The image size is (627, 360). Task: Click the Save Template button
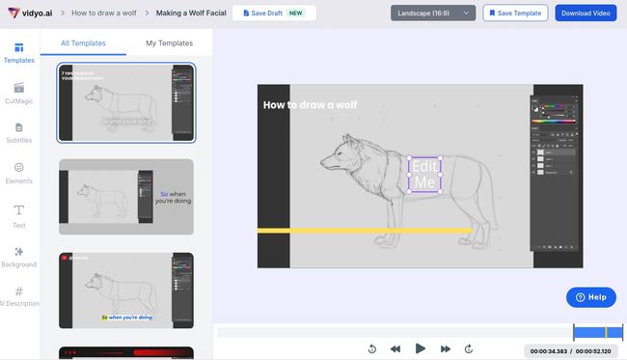[515, 13]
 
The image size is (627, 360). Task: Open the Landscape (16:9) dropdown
[433, 13]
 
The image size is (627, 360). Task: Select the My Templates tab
[169, 43]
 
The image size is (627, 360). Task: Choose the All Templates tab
[84, 43]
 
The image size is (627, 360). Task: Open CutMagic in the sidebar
[19, 93]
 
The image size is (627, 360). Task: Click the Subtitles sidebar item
[19, 132]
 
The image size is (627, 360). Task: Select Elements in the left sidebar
[19, 172]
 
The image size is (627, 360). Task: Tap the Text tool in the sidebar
[19, 214]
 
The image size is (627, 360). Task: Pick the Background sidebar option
[19, 256]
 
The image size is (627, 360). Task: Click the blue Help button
[590, 297]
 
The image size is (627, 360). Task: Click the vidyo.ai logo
[31, 13]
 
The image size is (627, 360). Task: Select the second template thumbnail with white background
[125, 197]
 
